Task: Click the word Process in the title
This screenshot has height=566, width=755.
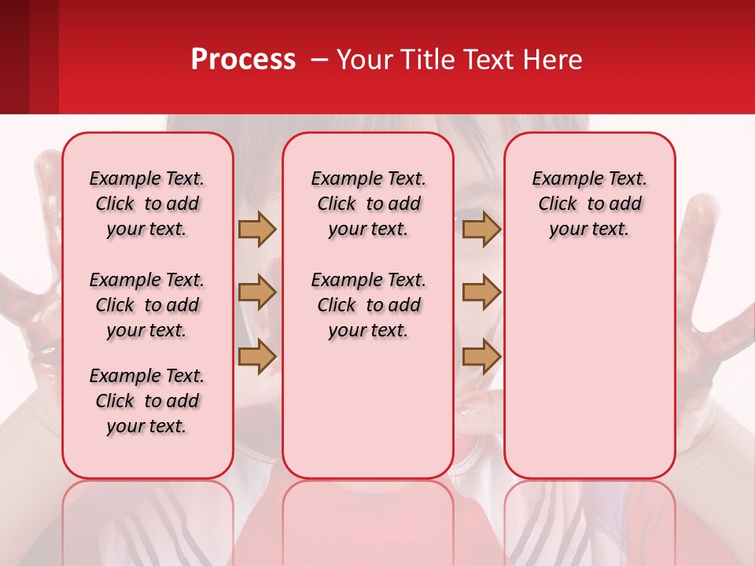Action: (x=243, y=60)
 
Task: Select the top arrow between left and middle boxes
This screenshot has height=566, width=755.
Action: (x=257, y=230)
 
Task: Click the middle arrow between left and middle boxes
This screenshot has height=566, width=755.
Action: (x=257, y=292)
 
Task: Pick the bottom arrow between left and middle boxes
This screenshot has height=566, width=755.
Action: (x=257, y=356)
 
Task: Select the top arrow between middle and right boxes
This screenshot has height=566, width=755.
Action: (x=481, y=230)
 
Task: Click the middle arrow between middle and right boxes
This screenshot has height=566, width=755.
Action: (x=481, y=292)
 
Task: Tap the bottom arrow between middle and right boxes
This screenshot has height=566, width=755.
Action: (x=481, y=356)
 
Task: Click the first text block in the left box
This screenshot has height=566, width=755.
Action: (x=147, y=204)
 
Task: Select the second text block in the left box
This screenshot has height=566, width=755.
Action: (x=147, y=305)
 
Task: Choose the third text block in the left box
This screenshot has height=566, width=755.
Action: (x=147, y=401)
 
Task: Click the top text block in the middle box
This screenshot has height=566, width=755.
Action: (x=368, y=204)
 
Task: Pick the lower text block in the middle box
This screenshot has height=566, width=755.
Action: (x=368, y=305)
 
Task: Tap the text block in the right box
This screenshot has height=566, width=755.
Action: (x=589, y=204)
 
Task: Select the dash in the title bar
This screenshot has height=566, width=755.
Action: (x=319, y=61)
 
